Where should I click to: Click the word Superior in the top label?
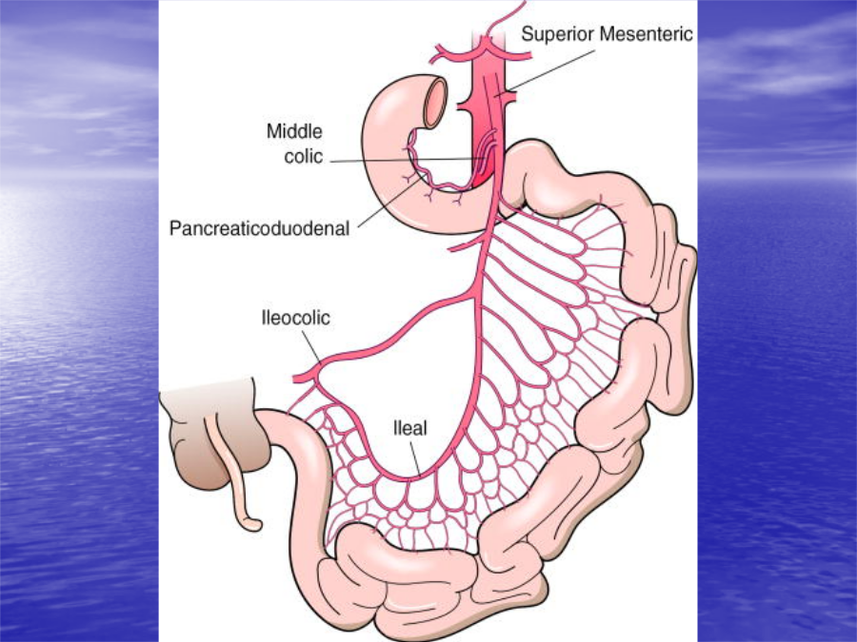(x=557, y=34)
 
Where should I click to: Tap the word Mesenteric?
(x=646, y=34)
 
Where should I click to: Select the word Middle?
(x=294, y=131)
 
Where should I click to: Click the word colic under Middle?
(x=304, y=157)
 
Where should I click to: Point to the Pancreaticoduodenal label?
(x=259, y=228)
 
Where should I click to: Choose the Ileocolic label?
(x=296, y=318)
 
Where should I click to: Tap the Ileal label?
(x=410, y=428)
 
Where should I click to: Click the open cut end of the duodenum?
(x=436, y=103)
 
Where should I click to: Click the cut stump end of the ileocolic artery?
(x=296, y=379)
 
